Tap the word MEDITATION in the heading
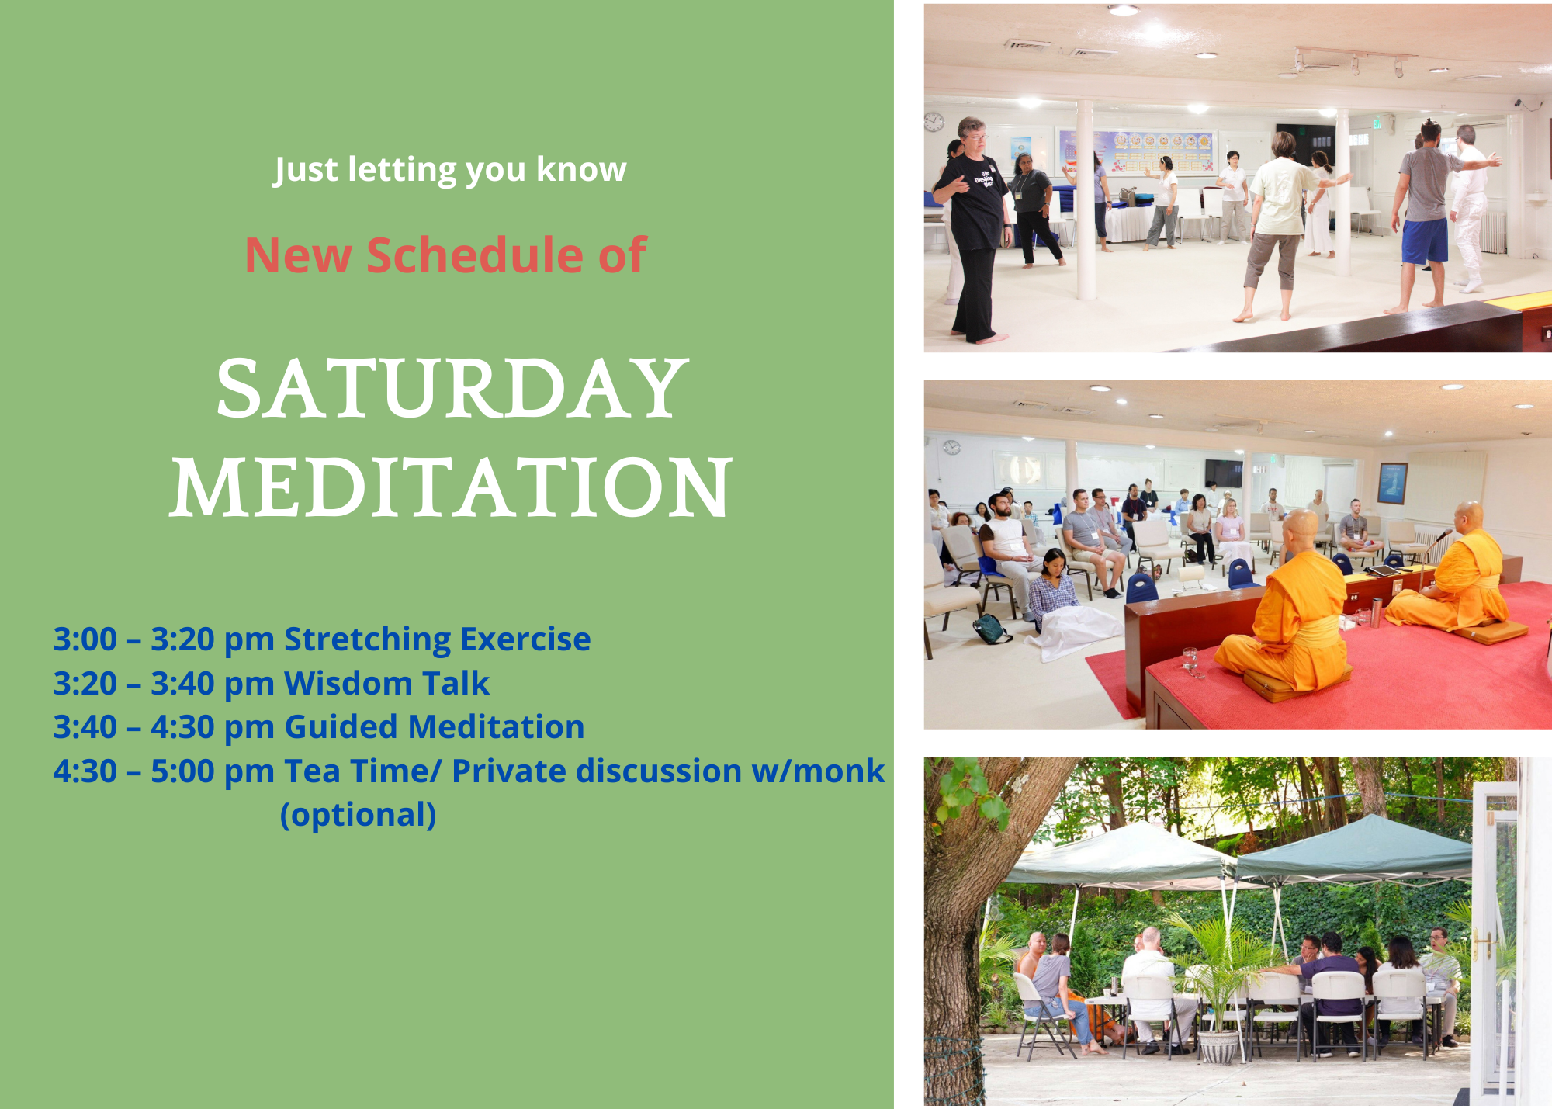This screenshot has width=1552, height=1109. (451, 487)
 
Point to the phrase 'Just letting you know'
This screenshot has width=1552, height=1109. (450, 170)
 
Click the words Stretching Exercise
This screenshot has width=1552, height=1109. (438, 639)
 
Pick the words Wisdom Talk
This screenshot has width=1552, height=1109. (386, 684)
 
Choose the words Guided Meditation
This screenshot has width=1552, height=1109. (434, 727)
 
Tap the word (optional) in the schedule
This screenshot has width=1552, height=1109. (358, 816)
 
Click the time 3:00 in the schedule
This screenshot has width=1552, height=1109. (85, 639)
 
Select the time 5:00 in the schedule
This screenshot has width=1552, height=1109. (182, 771)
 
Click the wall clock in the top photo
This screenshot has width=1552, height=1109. (934, 122)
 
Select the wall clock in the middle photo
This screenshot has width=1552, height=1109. (951, 447)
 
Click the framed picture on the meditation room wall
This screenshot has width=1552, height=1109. (1392, 483)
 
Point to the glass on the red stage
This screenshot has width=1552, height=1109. (1190, 659)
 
